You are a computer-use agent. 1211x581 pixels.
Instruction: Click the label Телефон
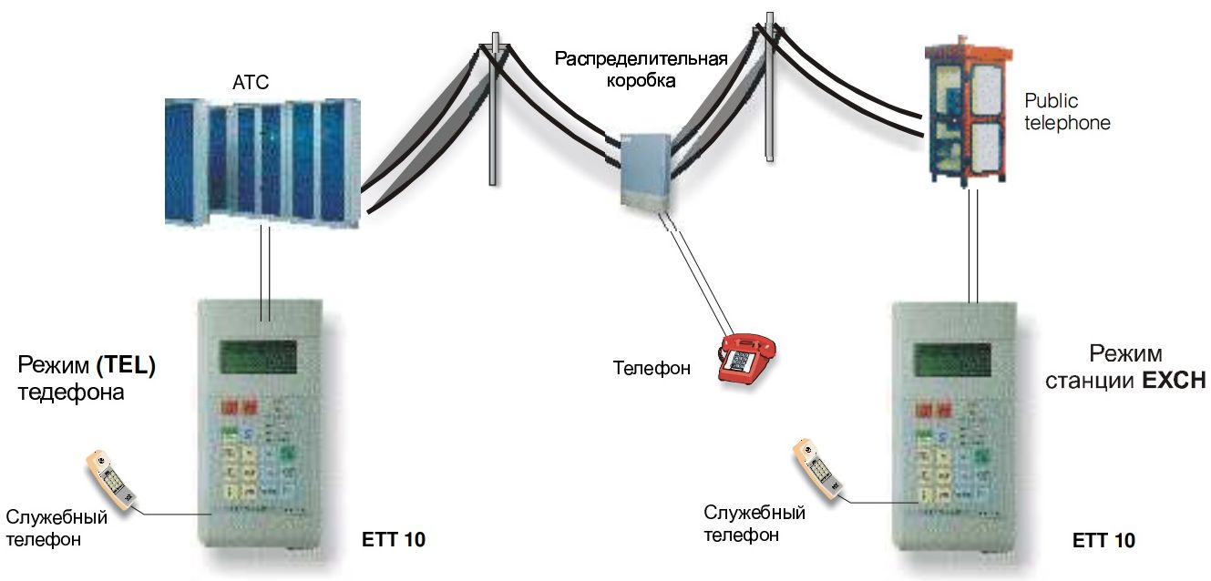(652, 369)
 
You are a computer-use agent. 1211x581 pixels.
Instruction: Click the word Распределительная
(641, 60)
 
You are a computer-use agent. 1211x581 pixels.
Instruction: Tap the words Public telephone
(1067, 111)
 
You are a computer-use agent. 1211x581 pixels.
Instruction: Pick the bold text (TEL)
(126, 367)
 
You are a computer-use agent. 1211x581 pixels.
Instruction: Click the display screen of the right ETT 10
(952, 361)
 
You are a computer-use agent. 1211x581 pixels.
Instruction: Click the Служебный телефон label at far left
(56, 528)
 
